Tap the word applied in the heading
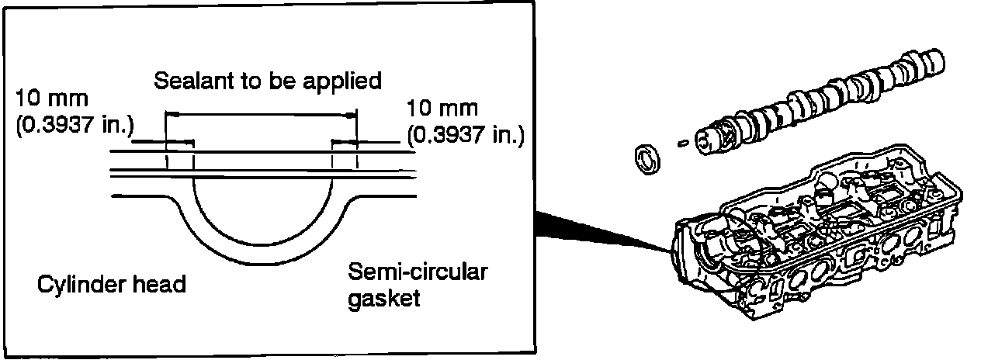pyautogui.click(x=346, y=81)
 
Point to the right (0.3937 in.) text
pyautogui.click(x=466, y=137)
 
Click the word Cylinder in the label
pyautogui.click(x=77, y=285)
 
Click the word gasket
pyautogui.click(x=384, y=298)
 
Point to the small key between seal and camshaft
pyautogui.click(x=683, y=143)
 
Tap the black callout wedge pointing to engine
pyautogui.click(x=598, y=230)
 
